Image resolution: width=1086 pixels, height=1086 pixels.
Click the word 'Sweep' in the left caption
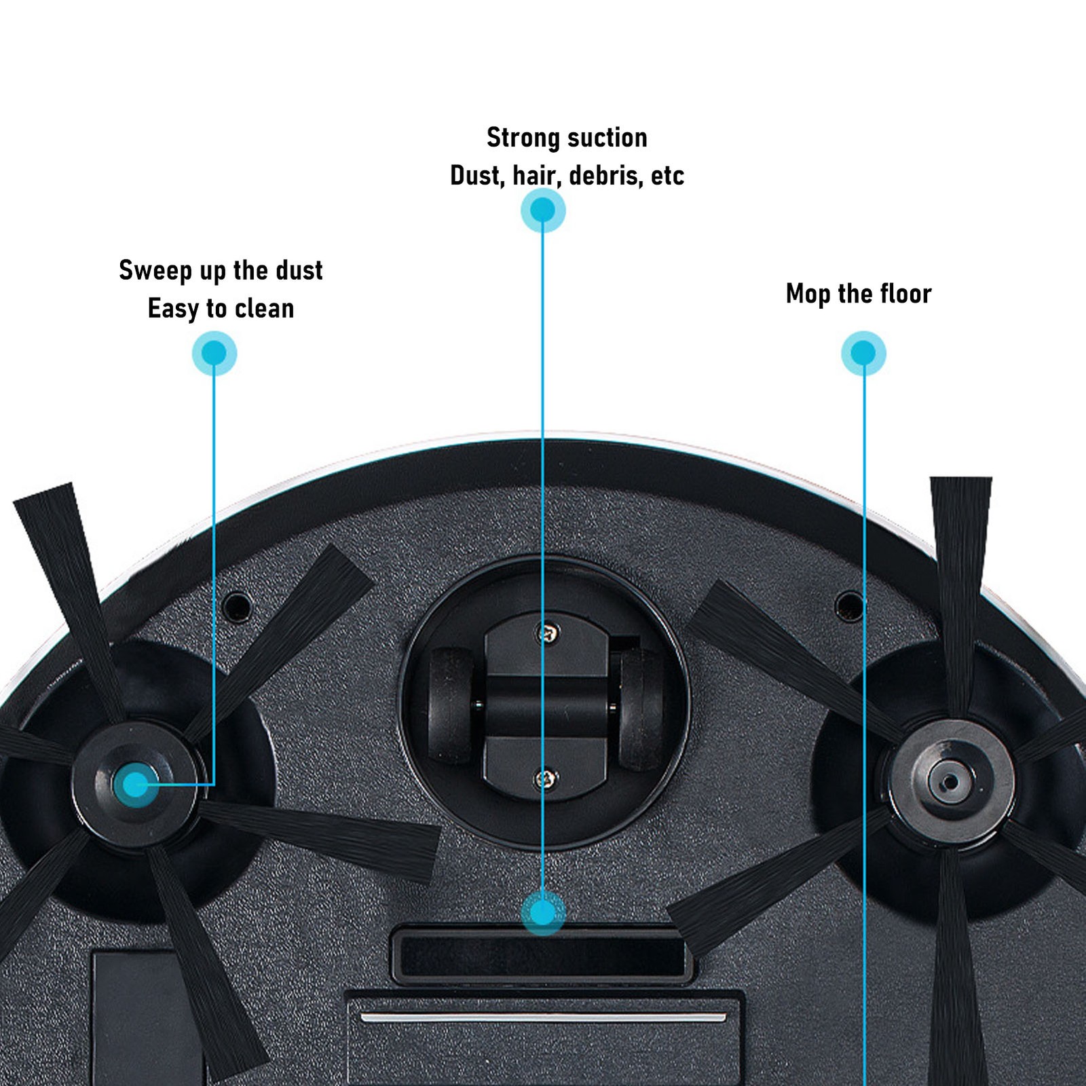pos(155,271)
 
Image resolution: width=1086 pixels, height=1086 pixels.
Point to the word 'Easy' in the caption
pos(173,309)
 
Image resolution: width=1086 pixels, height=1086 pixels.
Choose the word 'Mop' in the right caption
pos(808,294)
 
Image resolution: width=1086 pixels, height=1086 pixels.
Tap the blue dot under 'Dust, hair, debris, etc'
pos(542,210)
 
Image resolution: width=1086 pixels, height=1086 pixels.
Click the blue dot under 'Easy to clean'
pos(214,353)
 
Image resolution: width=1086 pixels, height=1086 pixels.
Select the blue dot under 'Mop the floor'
pos(863,353)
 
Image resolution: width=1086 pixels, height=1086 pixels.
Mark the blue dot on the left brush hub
pos(135,785)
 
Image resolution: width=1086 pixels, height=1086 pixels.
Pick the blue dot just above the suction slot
pos(542,913)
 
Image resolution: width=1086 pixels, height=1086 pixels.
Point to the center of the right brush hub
pos(951,782)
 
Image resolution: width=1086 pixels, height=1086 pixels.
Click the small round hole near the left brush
pos(237,606)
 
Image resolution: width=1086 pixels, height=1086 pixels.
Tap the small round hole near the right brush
pos(848,606)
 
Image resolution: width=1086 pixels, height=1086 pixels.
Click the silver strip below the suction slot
pos(543,1017)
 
